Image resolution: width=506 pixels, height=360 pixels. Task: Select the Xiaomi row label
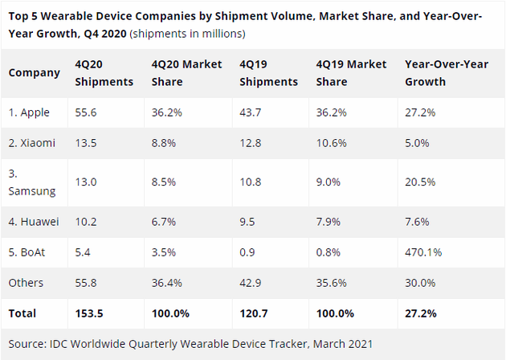[32, 143]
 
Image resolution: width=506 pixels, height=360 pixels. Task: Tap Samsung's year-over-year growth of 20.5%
[420, 182]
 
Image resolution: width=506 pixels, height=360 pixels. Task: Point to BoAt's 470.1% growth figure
[423, 252]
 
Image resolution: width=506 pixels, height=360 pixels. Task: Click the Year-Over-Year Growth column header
[437, 72]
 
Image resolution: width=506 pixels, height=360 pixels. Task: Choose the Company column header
[35, 72]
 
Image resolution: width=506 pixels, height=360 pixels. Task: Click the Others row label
[26, 283]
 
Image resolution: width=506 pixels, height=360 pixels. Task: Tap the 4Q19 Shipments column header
[268, 72]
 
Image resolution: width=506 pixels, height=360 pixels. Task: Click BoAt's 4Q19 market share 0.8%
[328, 252]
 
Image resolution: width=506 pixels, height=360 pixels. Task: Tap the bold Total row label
[24, 312]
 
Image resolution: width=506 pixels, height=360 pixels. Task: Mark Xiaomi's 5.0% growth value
[417, 143]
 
